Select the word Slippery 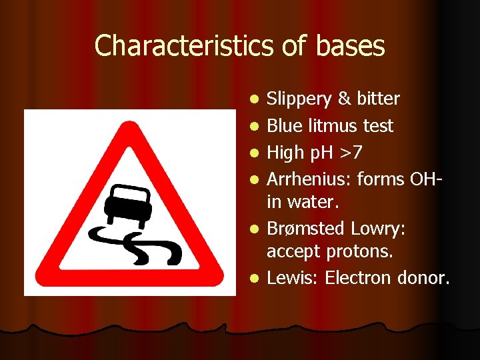299,99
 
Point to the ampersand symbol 344,99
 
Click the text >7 350,153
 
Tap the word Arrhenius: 309,179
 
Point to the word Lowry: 378,228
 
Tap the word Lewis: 293,277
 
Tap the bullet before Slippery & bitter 254,99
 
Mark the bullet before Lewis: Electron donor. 254,278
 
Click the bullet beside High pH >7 254,153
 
